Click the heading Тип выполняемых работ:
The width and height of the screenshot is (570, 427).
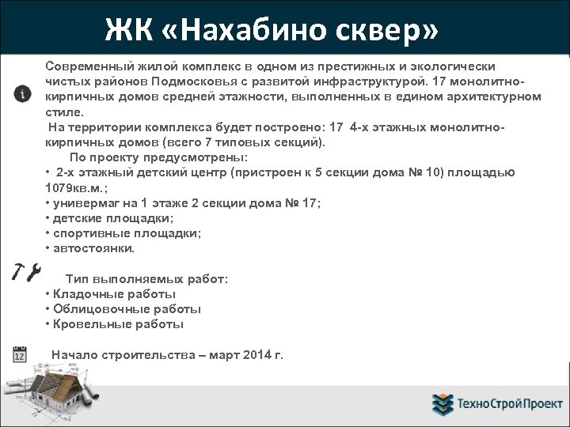pyautogui.click(x=146, y=279)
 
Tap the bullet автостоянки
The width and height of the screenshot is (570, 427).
pyautogui.click(x=93, y=248)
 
